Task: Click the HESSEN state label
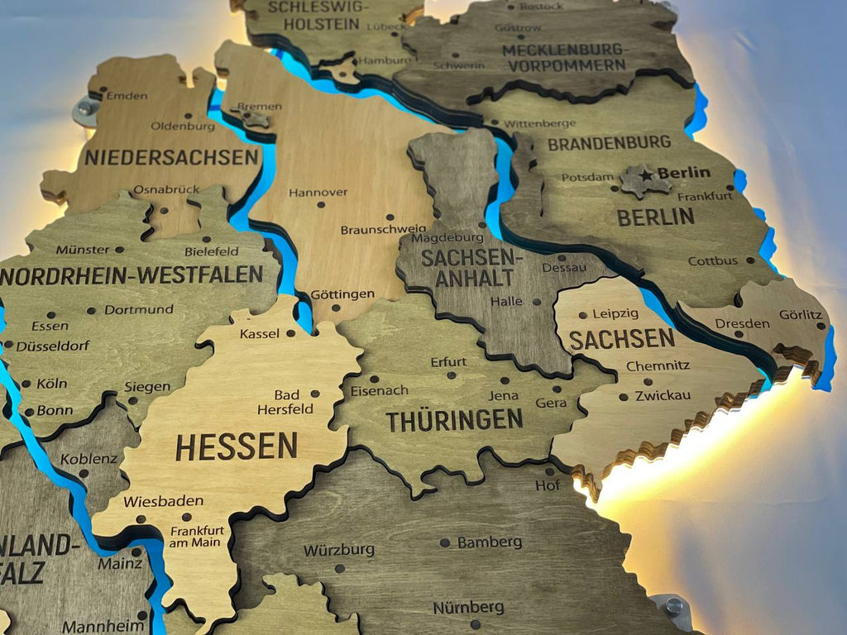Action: [236, 446]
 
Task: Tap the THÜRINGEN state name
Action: [454, 420]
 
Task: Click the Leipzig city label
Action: [615, 313]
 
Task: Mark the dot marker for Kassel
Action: [290, 333]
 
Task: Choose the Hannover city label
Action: [318, 193]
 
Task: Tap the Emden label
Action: [127, 95]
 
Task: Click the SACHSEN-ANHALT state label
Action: [467, 268]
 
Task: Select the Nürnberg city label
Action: [468, 608]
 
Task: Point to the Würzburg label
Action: [338, 550]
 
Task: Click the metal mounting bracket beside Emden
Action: [85, 110]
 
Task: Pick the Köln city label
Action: [51, 384]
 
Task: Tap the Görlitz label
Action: [801, 315]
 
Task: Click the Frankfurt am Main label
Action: [196, 537]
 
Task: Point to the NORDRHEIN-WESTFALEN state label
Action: [132, 275]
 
